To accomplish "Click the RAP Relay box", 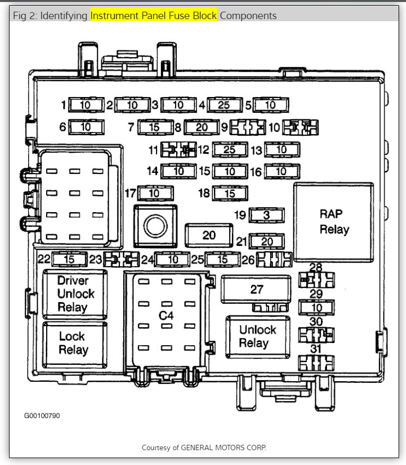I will [x=334, y=222].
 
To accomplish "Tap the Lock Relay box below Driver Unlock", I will [x=73, y=343].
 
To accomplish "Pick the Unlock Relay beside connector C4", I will [x=257, y=337].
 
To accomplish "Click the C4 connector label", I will [x=166, y=315].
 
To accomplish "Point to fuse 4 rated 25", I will [x=224, y=105].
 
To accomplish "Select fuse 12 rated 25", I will [x=229, y=150].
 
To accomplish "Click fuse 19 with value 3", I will [x=266, y=215].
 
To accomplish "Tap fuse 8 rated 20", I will [x=202, y=127].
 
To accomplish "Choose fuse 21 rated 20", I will [x=266, y=242].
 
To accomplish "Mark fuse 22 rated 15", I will [x=70, y=259].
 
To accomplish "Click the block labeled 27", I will [x=257, y=289].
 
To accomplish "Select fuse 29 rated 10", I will [x=316, y=308].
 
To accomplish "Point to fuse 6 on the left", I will [x=85, y=127].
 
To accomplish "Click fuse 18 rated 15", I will [x=229, y=194].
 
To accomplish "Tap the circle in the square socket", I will [x=155, y=226].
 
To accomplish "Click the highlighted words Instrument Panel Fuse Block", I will [x=153, y=15].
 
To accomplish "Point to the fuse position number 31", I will [x=316, y=349].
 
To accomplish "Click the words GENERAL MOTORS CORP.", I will [x=223, y=448].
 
